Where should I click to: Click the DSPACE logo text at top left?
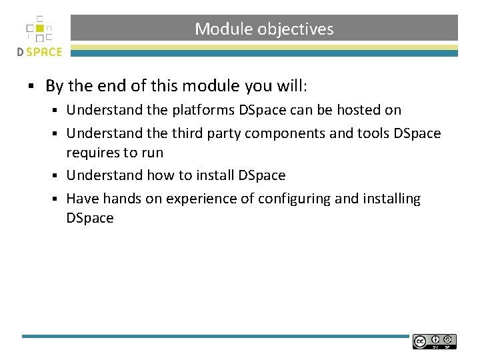click(x=40, y=52)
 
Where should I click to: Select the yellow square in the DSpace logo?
click(x=41, y=28)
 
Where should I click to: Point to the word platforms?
click(x=202, y=109)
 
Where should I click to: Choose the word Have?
click(x=82, y=199)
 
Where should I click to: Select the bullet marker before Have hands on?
click(x=58, y=199)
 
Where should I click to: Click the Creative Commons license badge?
click(x=434, y=341)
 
